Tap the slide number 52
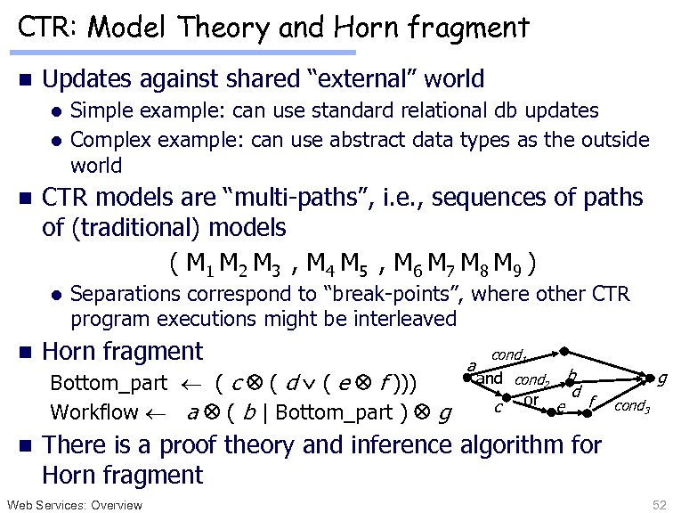(658, 505)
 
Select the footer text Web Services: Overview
(74, 505)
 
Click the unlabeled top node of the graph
(555, 354)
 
